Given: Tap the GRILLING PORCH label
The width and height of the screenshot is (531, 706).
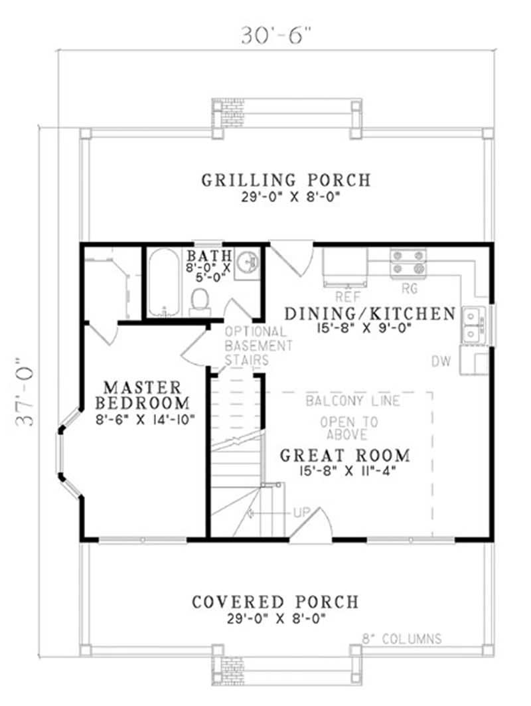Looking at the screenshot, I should (x=286, y=180).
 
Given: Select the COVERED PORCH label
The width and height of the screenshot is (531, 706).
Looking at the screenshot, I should (x=275, y=602).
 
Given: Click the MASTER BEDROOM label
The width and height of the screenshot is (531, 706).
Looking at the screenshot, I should (x=142, y=395).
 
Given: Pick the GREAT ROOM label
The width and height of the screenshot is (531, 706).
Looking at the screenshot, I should (x=344, y=456).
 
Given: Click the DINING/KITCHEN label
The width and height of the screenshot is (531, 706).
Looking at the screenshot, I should (x=370, y=313).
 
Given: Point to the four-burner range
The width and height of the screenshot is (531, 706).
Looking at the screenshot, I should (x=408, y=262).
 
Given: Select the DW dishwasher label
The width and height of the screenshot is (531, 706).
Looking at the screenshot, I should (x=441, y=361).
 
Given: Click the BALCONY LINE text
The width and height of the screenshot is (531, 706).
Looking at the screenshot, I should (x=352, y=401).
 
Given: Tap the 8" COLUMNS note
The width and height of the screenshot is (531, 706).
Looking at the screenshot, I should (x=402, y=639).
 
